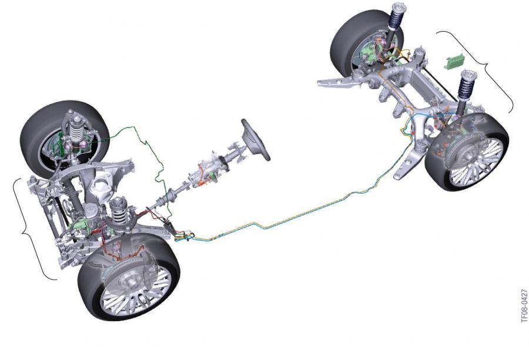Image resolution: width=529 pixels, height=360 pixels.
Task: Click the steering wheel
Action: [256, 140]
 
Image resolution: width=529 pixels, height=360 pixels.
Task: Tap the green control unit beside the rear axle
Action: [454, 62]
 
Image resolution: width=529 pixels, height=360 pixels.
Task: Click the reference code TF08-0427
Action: [524, 305]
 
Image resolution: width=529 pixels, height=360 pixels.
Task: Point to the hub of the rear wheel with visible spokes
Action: [470, 156]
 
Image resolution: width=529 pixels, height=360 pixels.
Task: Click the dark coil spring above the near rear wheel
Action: [466, 85]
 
